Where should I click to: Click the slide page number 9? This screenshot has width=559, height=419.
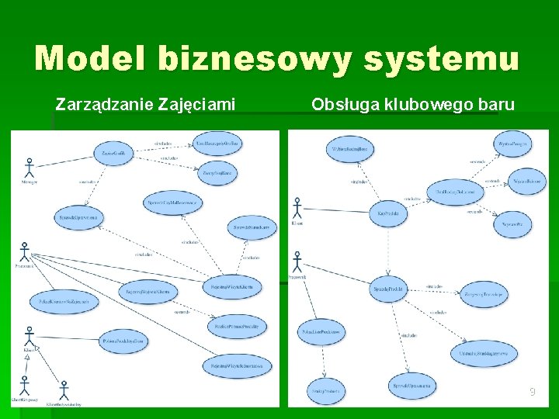(532, 393)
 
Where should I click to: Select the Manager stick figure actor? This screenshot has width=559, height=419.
(30, 169)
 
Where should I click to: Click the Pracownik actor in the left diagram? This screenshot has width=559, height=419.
(24, 252)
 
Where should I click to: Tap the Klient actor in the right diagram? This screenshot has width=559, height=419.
(297, 208)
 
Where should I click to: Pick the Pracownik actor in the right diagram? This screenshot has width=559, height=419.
(297, 261)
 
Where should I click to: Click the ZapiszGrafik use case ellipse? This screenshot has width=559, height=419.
(113, 154)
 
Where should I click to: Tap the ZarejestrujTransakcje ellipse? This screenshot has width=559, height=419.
(484, 294)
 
